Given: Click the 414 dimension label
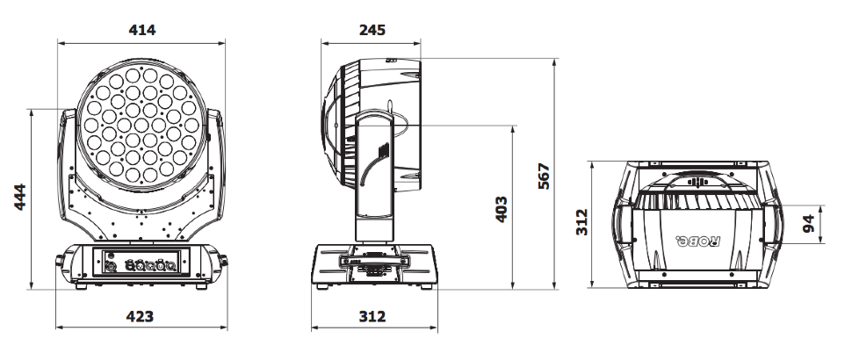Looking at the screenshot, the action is pyautogui.click(x=141, y=30).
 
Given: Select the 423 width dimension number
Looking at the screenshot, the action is pyautogui.click(x=140, y=316).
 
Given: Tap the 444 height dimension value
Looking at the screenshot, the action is pyautogui.click(x=19, y=197).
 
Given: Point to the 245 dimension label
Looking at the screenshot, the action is pyautogui.click(x=372, y=30).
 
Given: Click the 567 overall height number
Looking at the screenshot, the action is pyautogui.click(x=544, y=176).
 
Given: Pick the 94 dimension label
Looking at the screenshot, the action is pyautogui.click(x=809, y=223).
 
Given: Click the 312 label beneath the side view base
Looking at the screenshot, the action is pyautogui.click(x=372, y=316).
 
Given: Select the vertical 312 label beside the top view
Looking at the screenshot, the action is pyautogui.click(x=581, y=221).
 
